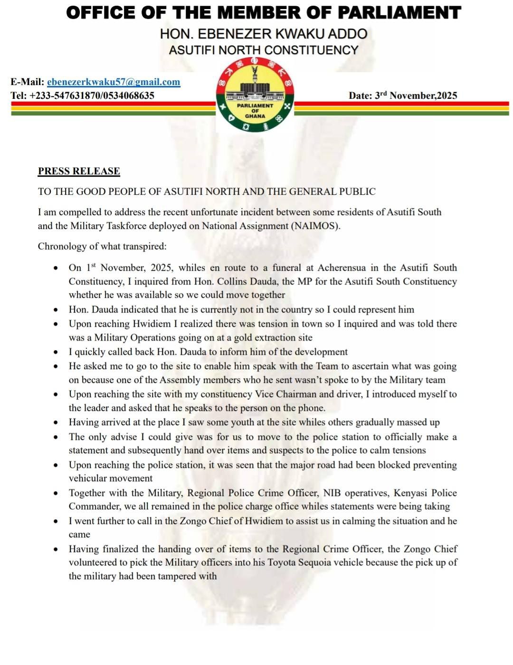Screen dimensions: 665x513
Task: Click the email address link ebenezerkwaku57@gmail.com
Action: pos(114,82)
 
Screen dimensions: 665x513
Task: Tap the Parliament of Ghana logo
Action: pos(255,95)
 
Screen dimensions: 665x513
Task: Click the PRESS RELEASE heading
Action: pos(79,171)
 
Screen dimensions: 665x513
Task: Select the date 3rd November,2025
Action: pos(403,95)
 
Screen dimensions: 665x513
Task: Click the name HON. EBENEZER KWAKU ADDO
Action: pos(264,34)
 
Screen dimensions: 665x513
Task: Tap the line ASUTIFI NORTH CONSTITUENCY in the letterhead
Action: pos(264,50)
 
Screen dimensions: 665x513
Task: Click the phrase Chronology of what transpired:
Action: pos(102,246)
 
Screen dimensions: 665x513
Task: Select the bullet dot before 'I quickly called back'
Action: pos(56,352)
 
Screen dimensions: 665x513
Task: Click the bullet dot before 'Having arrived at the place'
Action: pos(56,422)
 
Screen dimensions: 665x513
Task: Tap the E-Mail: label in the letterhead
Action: pos(27,82)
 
